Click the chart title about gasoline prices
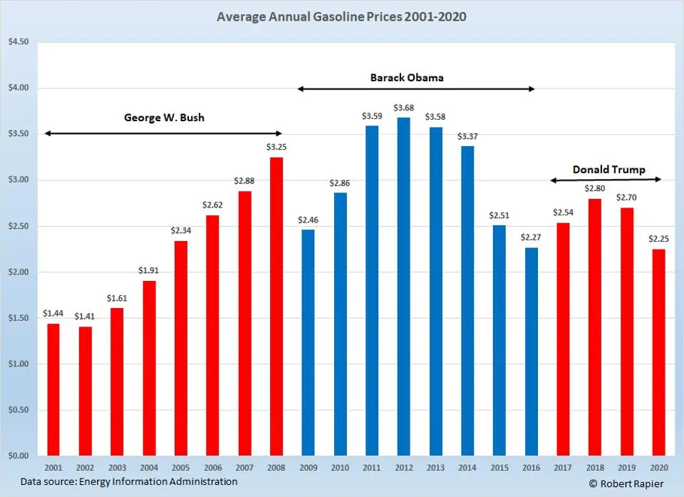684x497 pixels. pos(341,16)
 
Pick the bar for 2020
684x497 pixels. pos(658,352)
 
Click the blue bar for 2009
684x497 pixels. pos(308,342)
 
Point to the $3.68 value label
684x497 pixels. pos(404,108)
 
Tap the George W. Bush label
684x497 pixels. pos(164,117)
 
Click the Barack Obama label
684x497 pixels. pos(407,77)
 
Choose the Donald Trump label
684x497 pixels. pos(609,170)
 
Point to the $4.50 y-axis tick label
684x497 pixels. pos(18,42)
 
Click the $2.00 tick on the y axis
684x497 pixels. pos(18,272)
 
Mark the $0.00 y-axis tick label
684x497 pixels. pos(18,456)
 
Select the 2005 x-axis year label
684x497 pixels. pos(180,468)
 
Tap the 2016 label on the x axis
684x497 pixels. pos(531,468)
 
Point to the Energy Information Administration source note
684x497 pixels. pos(129,482)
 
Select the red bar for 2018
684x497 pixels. pos(595,327)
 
